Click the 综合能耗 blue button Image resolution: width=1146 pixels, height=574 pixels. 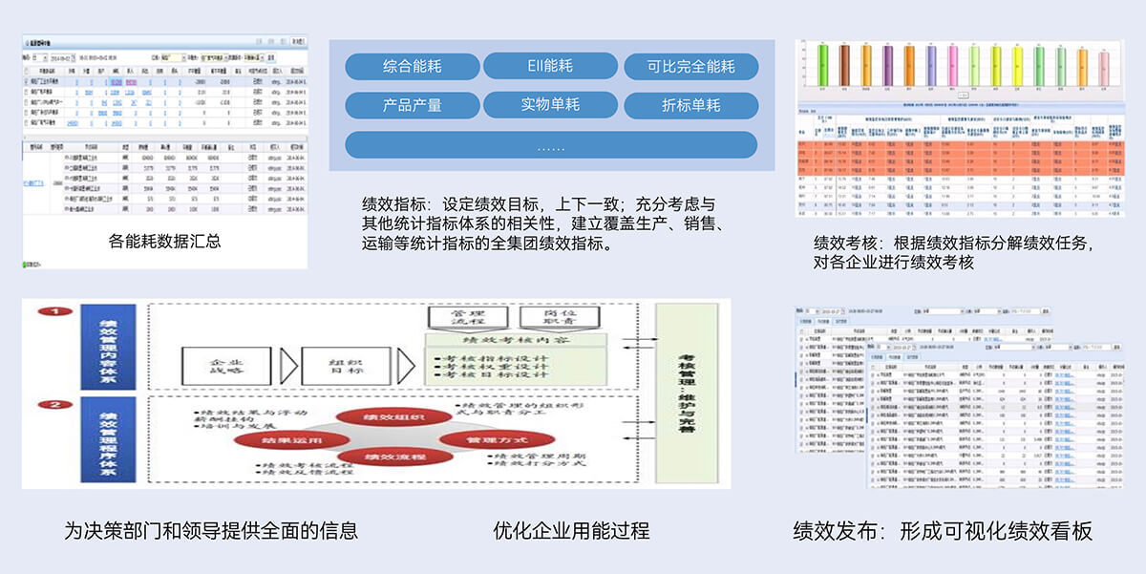click(413, 67)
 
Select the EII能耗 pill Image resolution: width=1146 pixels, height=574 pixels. click(551, 67)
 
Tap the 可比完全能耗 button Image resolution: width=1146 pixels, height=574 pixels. click(690, 67)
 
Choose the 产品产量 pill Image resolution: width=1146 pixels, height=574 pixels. click(413, 105)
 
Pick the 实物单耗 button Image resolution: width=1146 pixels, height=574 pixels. click(551, 105)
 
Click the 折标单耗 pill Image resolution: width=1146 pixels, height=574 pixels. click(690, 105)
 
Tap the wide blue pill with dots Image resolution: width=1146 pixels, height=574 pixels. click(551, 145)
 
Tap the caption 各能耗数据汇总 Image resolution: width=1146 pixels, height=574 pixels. click(165, 241)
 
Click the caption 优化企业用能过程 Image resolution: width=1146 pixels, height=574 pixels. click(571, 530)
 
